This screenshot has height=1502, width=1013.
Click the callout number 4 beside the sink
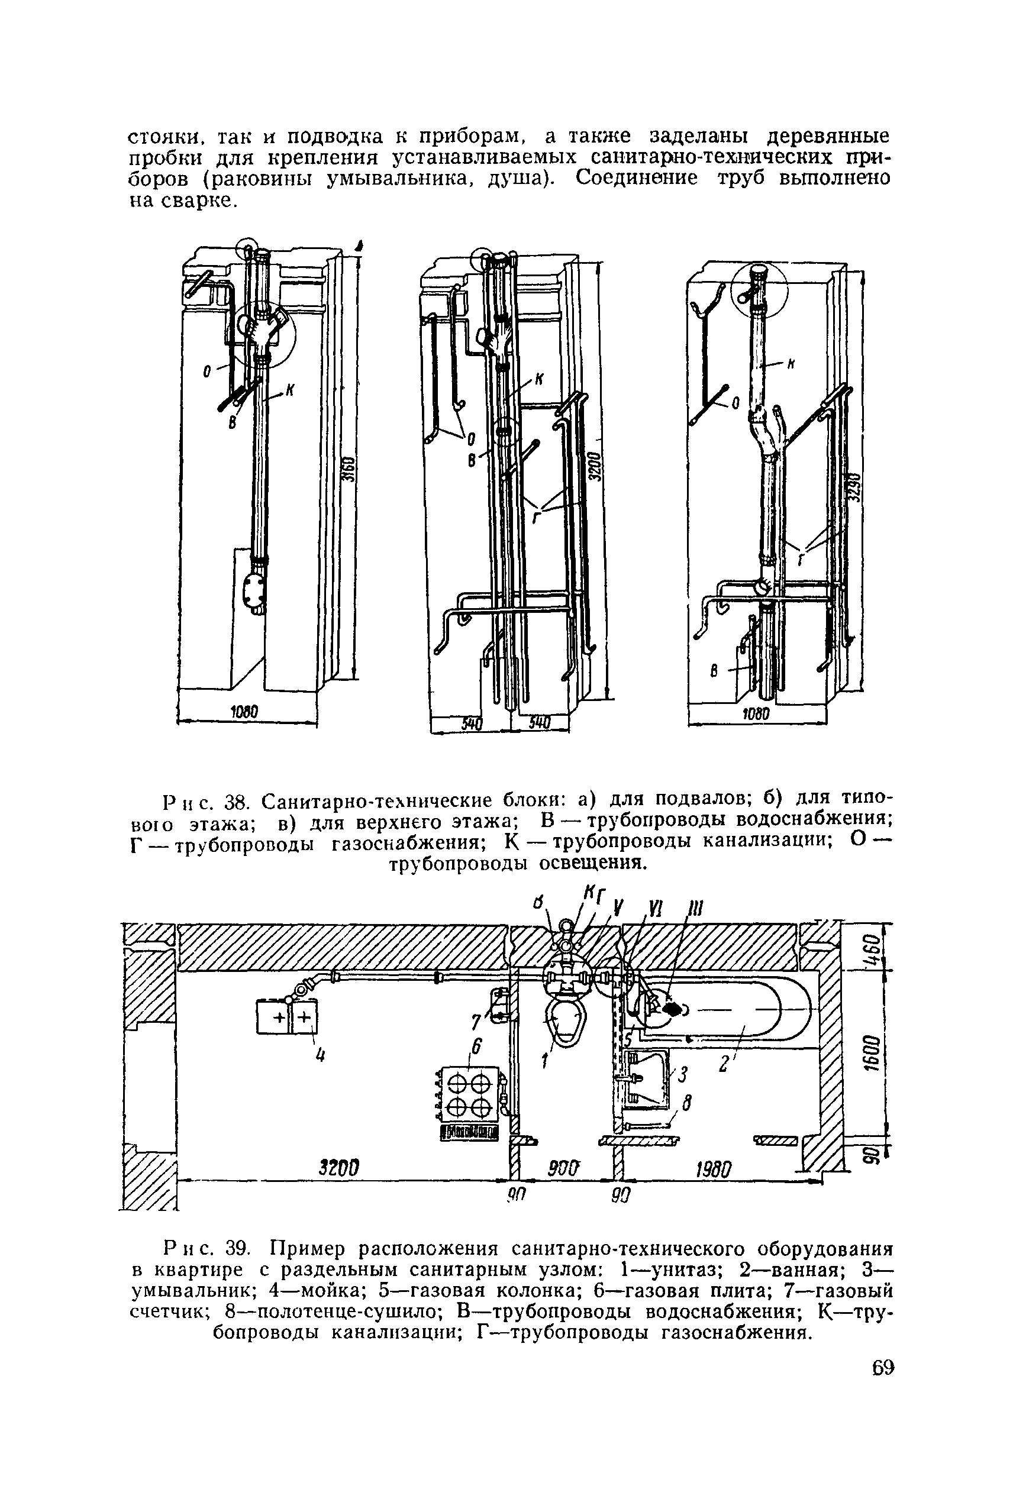click(318, 1057)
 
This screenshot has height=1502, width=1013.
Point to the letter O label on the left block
click(207, 372)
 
